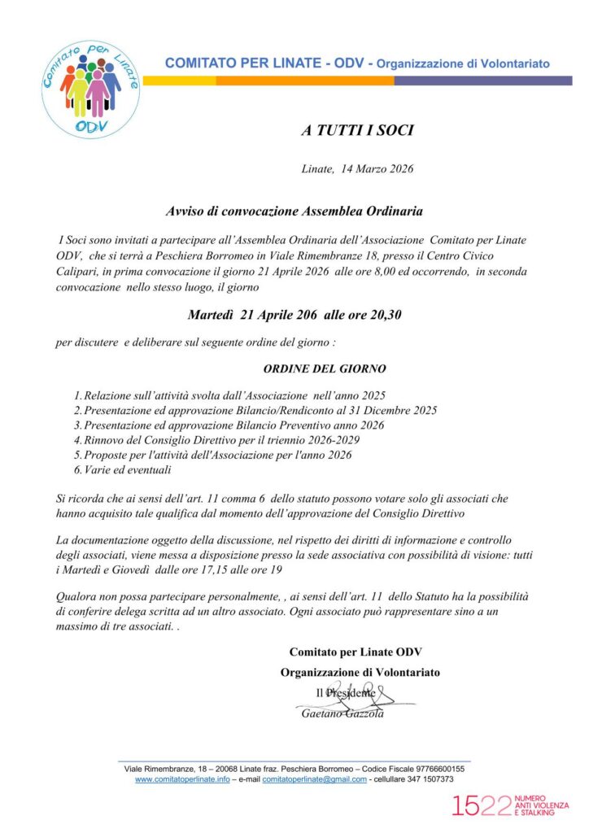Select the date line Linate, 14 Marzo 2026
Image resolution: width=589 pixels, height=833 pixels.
[x=357, y=169]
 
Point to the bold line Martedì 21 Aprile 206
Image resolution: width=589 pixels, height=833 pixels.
[x=294, y=314]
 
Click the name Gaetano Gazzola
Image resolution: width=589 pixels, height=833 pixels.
[x=342, y=713]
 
